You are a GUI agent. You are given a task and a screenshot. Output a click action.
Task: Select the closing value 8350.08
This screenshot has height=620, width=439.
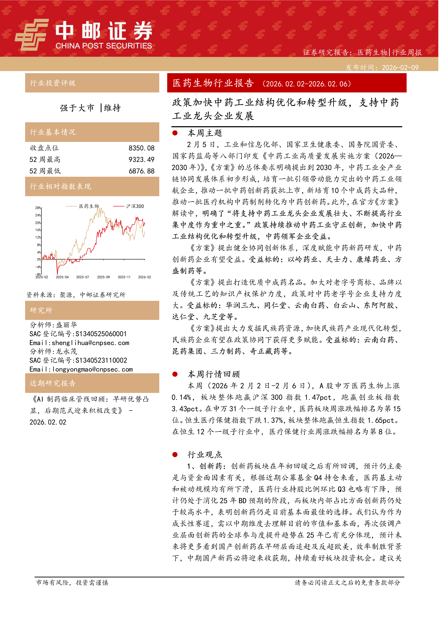[141, 148]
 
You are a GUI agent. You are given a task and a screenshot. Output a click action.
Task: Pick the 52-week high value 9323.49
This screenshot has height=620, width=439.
[141, 160]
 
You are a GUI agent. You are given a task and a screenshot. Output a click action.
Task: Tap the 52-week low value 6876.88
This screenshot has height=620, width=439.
[141, 171]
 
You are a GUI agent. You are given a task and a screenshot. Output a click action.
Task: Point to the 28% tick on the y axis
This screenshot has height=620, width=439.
[38, 208]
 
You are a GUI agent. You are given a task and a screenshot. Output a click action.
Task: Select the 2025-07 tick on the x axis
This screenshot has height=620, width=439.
[82, 277]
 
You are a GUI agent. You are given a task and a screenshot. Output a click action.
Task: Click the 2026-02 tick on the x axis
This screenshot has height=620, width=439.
[144, 277]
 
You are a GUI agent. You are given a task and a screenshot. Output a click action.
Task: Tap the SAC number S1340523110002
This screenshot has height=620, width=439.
[101, 361]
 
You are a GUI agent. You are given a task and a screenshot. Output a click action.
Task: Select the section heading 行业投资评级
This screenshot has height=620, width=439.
[53, 83]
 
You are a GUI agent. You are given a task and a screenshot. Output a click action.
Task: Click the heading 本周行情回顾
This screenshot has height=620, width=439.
[214, 374]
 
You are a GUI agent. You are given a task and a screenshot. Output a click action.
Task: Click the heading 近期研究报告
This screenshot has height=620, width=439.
[53, 383]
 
